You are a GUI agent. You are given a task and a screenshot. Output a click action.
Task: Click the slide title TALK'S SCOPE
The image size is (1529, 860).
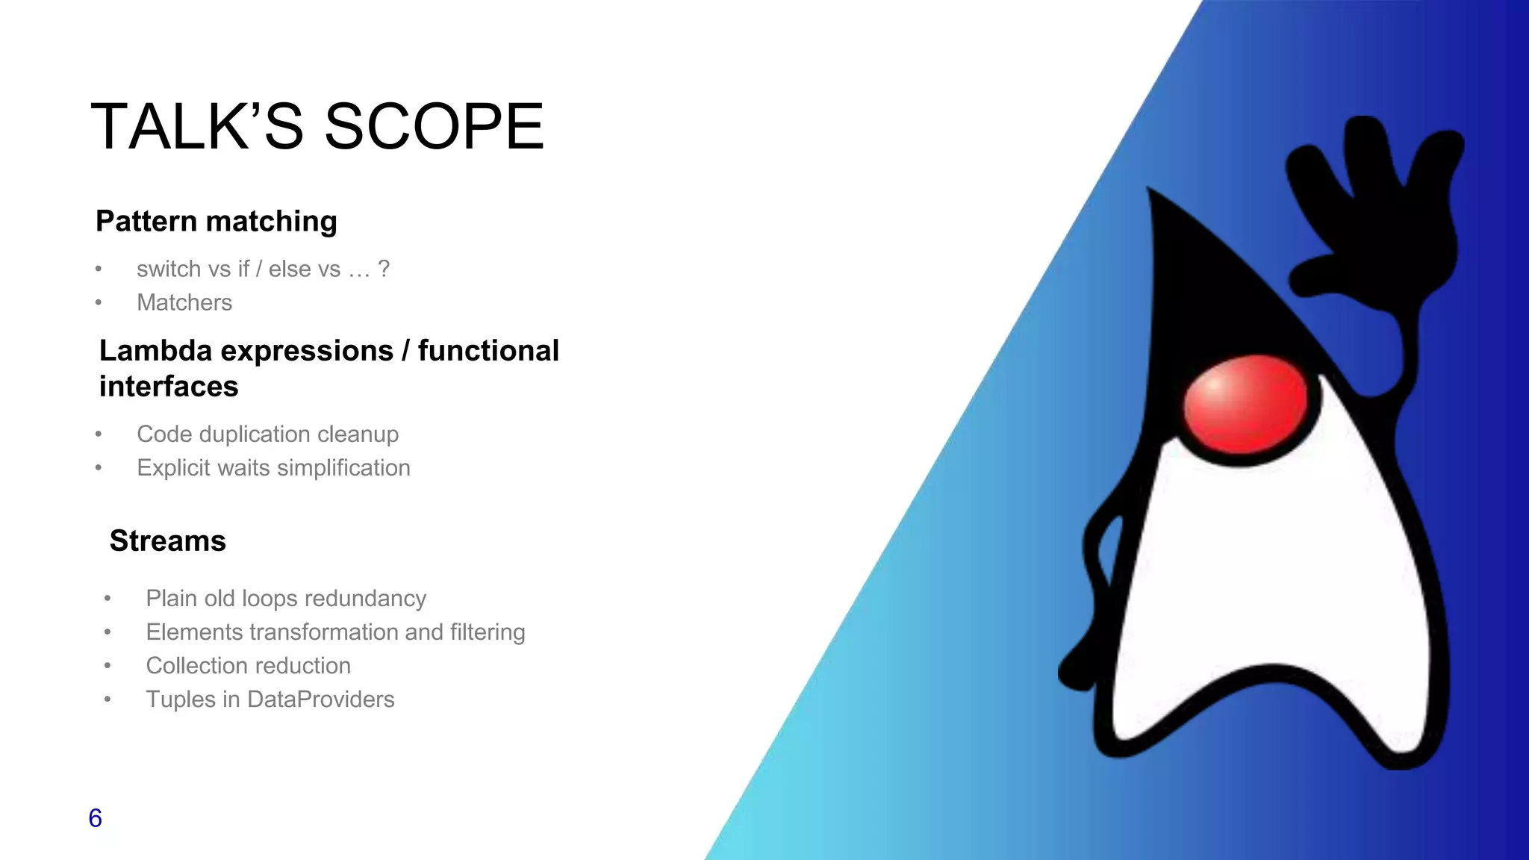(x=317, y=127)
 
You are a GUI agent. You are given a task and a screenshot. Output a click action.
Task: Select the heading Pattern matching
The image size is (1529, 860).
(x=217, y=222)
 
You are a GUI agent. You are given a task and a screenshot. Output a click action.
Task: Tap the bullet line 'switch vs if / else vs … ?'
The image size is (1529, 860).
(x=263, y=269)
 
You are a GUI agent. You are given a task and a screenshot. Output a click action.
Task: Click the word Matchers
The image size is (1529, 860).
(x=184, y=302)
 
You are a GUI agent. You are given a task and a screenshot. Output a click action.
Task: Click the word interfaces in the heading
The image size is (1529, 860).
(x=169, y=387)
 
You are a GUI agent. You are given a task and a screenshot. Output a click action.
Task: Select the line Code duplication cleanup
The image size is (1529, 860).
(x=267, y=434)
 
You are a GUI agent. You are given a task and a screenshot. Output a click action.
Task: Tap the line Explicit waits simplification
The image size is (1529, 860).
(x=273, y=467)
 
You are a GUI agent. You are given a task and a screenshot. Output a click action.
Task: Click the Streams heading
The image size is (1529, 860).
(x=167, y=540)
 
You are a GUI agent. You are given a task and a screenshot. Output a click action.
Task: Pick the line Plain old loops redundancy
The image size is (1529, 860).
(x=286, y=598)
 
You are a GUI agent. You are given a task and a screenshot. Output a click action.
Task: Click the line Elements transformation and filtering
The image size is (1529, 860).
(x=335, y=632)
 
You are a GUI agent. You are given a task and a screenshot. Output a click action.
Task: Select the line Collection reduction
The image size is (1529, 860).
(x=248, y=665)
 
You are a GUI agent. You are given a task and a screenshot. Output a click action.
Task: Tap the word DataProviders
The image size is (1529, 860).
(x=320, y=699)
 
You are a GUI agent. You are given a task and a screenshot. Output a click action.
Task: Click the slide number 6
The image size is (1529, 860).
(x=95, y=818)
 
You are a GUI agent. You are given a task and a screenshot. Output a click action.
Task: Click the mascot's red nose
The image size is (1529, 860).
(x=1245, y=404)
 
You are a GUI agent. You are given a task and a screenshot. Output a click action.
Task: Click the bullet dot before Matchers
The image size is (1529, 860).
(x=99, y=303)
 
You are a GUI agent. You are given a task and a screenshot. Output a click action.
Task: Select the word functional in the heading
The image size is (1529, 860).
(x=488, y=351)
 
